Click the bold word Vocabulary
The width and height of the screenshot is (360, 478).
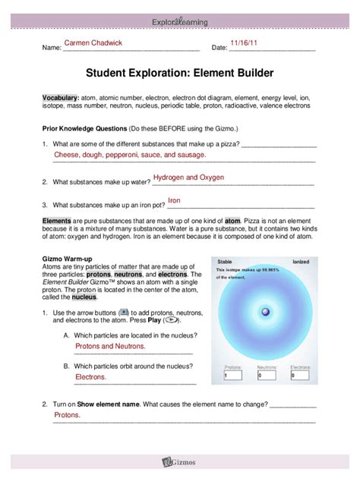(60, 99)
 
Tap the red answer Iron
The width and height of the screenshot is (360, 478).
(174, 201)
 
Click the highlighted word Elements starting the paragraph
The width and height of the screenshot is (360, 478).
(57, 219)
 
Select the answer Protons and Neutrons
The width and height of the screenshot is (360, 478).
(110, 346)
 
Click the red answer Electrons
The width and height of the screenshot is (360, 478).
(90, 376)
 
